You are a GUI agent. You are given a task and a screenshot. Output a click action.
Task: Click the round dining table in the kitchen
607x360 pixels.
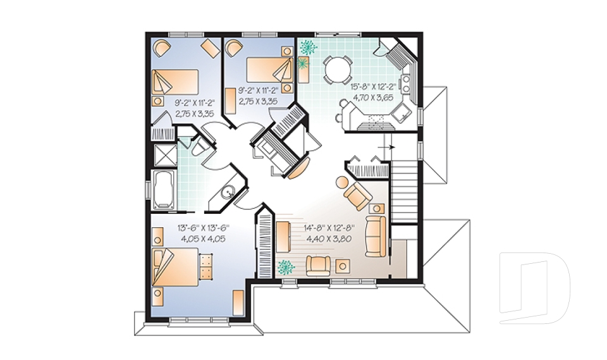336,68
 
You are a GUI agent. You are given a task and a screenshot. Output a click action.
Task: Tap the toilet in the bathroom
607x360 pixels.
197,147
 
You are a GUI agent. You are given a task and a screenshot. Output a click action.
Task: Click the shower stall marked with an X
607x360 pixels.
163,155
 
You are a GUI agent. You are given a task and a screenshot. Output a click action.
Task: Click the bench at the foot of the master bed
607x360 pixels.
205,266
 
